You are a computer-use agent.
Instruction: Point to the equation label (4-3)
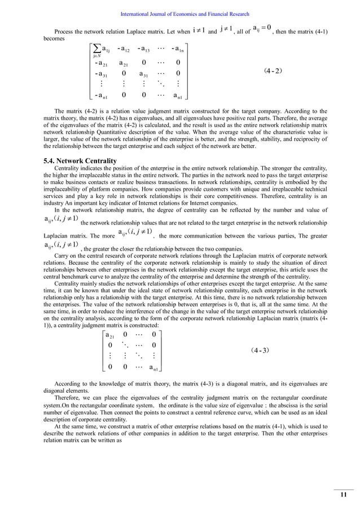(x=260, y=350)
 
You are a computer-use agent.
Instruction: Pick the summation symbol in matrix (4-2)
(x=95, y=49)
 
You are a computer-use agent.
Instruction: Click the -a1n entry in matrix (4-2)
(x=177, y=49)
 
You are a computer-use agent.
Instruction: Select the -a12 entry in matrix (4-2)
(x=124, y=49)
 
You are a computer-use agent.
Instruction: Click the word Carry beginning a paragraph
(x=61, y=255)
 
